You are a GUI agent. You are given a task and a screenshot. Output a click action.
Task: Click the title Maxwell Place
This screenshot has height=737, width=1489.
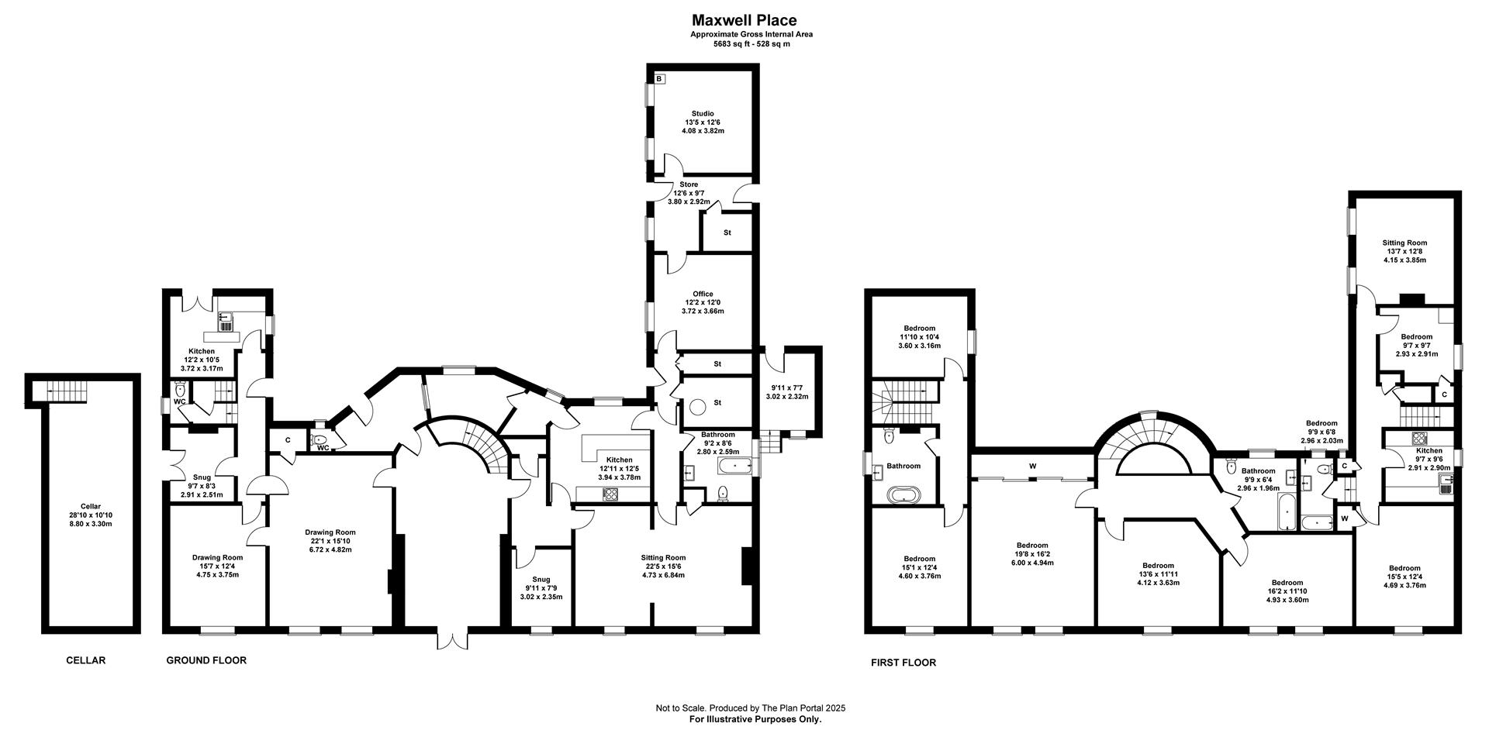[744, 21]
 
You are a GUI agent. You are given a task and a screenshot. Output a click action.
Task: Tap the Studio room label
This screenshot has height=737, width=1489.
[703, 114]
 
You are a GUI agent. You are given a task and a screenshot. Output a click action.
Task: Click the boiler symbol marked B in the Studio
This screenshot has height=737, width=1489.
[660, 78]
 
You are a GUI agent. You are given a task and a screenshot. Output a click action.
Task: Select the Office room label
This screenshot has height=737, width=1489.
[703, 294]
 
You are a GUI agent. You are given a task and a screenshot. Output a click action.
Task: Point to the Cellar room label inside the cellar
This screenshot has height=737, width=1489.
[91, 506]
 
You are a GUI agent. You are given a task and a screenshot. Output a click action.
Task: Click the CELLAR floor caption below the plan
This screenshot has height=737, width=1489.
[85, 661]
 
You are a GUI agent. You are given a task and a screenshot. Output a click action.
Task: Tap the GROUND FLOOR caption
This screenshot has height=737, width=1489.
[206, 661]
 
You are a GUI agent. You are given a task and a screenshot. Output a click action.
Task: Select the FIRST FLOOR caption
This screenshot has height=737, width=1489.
[903, 663]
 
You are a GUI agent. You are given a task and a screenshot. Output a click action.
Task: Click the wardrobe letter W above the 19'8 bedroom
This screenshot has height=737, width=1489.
[1032, 466]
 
